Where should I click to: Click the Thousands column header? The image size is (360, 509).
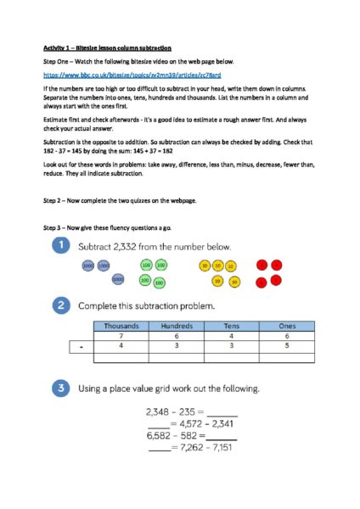(x=121, y=325)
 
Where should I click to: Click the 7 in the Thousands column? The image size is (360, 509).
(x=121, y=335)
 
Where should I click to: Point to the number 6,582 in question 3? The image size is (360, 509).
(x=160, y=435)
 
